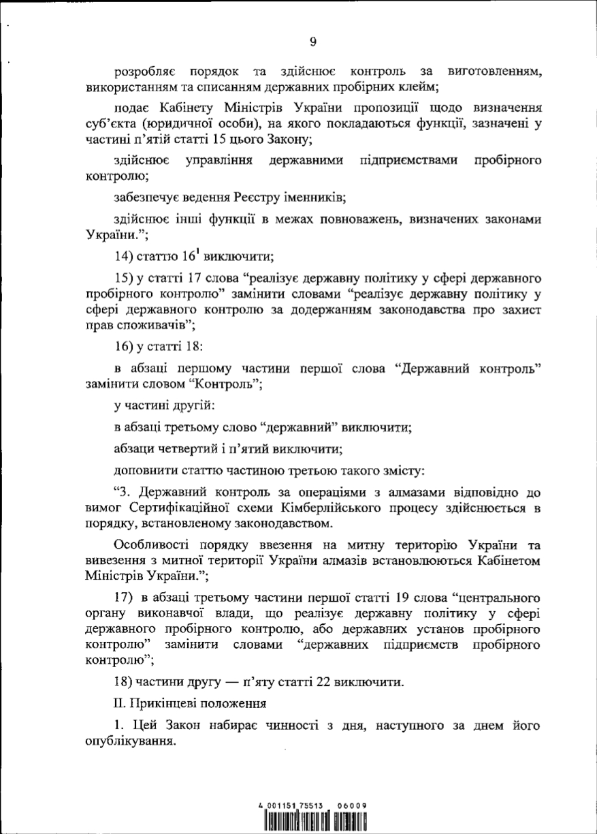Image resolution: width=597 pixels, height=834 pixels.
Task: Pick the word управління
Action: click(219, 161)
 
